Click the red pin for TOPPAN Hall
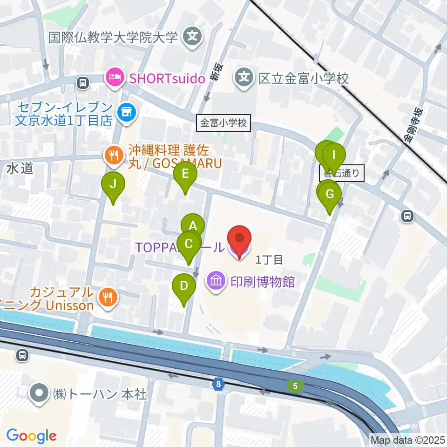click(x=239, y=238)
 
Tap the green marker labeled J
click(x=113, y=184)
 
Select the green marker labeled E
click(x=185, y=175)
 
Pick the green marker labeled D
click(x=184, y=286)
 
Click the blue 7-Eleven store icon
click(x=125, y=112)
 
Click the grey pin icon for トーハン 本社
click(x=39, y=394)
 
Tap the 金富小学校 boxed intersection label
click(x=223, y=124)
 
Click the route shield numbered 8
click(x=218, y=384)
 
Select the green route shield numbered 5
click(x=295, y=386)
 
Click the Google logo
click(x=31, y=436)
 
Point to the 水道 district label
click(x=20, y=168)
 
